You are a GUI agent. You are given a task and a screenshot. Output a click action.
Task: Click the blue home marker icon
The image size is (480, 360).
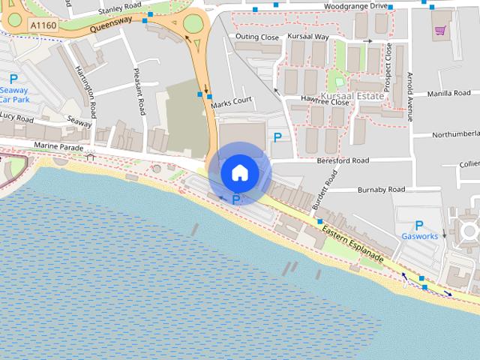(239, 173)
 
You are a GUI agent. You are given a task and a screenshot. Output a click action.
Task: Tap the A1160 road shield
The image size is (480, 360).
(44, 25)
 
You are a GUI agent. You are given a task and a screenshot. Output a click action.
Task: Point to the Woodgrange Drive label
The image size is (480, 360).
(355, 6)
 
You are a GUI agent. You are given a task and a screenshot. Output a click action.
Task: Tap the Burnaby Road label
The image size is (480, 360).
(381, 189)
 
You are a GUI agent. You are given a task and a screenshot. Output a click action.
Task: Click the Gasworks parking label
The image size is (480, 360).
(419, 236)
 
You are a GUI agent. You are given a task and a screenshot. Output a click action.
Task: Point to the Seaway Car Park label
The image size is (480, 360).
(14, 94)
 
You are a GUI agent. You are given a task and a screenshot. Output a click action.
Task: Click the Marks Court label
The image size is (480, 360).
(231, 101)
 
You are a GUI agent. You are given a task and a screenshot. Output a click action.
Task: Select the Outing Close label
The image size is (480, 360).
(256, 37)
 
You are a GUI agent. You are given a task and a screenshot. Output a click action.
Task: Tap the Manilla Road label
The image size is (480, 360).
(448, 94)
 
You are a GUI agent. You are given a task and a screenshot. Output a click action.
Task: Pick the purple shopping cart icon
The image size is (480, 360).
(440, 31)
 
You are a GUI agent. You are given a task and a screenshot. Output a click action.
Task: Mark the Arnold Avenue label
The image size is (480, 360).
(409, 96)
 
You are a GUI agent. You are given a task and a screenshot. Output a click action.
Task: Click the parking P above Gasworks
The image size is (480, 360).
(419, 225)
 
